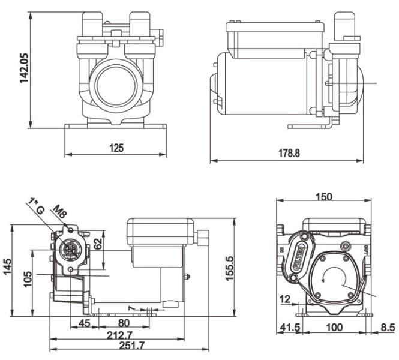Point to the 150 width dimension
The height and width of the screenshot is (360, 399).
[323, 197]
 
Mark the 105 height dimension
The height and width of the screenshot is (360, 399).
[26, 279]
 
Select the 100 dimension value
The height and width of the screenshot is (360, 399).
[335, 327]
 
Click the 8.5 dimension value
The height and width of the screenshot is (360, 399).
[388, 327]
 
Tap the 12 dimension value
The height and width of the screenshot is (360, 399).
[286, 299]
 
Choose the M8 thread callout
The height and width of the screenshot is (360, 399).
[60, 213]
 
